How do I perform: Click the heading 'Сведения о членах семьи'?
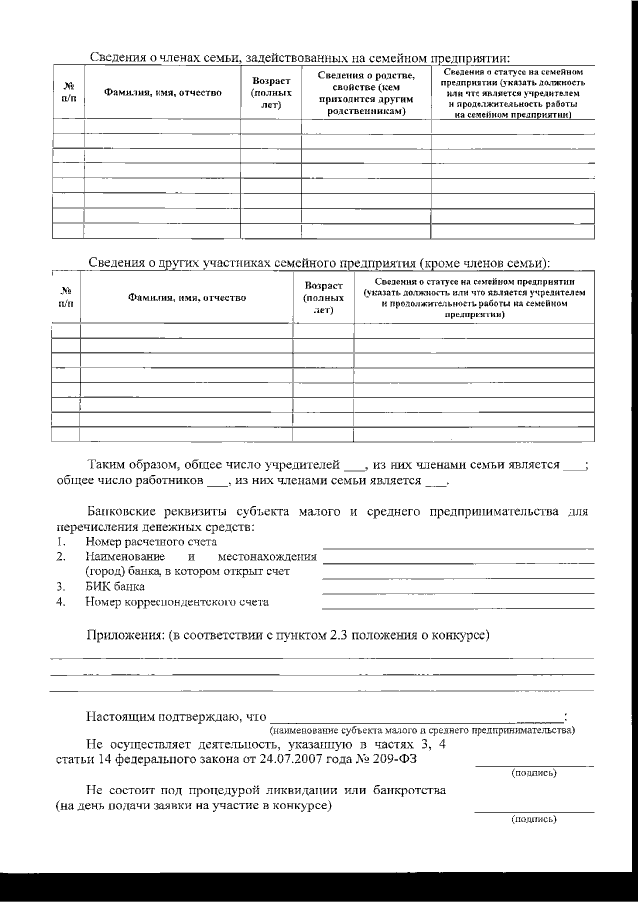(299, 57)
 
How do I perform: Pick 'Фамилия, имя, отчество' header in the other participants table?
(186, 297)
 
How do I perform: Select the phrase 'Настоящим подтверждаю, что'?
(176, 716)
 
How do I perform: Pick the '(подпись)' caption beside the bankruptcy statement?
(533, 818)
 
